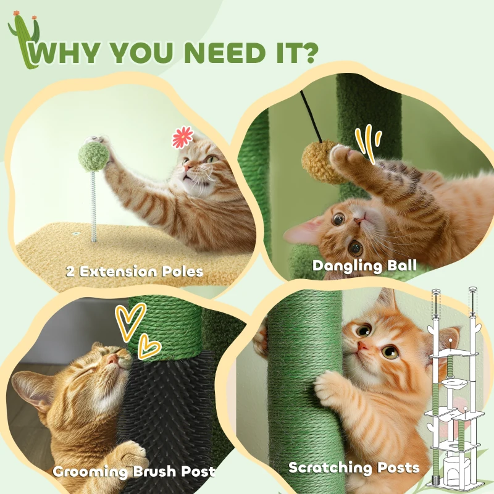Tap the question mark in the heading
pyautogui.click(x=307, y=52)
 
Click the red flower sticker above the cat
pyautogui.click(x=182, y=138)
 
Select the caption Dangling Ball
pyautogui.click(x=364, y=266)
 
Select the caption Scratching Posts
pyautogui.click(x=354, y=467)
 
